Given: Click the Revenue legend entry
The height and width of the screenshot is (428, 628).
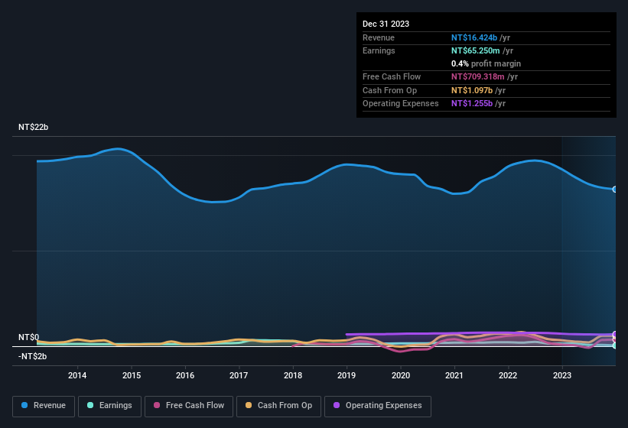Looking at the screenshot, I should pos(44,406).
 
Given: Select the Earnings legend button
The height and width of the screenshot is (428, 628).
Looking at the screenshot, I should pos(108,406).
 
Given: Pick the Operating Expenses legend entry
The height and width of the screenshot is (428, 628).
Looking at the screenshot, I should pos(378,406).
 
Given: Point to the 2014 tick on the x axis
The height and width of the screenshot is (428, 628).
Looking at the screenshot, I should pos(77,375).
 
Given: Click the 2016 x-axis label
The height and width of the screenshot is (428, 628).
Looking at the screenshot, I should pos(185,375).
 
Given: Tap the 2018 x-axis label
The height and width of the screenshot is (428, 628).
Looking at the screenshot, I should pos(292,375).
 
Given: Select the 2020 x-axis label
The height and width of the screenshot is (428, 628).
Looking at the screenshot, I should pos(400,375).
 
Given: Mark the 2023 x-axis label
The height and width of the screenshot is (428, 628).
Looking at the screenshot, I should pos(562,375).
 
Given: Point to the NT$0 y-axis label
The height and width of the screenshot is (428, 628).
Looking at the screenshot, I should pos(28,337).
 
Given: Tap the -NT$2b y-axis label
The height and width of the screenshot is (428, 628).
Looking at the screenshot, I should pos(33,356).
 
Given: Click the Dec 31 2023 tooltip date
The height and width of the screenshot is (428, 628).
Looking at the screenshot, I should pos(386,24).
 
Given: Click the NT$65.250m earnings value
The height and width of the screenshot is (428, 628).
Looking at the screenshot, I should pos(476,50).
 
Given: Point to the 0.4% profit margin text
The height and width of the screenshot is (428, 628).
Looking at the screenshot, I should pos(486,63).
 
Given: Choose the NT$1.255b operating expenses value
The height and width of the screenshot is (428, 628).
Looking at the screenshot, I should pos(473,103).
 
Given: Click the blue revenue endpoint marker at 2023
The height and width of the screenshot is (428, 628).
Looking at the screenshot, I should pos(614,189).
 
